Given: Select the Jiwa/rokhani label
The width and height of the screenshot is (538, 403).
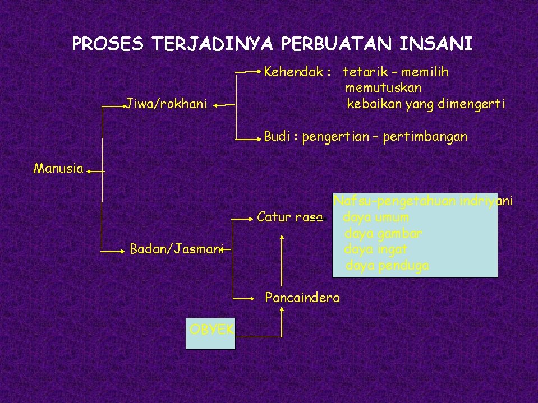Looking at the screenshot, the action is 167,104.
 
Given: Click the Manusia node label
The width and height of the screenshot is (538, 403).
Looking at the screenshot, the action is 58,168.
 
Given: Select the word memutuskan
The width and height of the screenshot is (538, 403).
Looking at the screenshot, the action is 384,88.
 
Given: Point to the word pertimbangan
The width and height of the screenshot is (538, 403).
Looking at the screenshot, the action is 425,137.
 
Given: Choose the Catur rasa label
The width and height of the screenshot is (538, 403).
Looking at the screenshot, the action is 289,216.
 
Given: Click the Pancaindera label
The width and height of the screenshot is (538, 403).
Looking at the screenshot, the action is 302,298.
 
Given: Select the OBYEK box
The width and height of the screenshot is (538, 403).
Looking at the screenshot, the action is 210,334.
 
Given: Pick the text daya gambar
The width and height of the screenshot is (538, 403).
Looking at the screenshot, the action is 384,233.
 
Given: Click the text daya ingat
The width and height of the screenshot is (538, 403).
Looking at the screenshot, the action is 376,249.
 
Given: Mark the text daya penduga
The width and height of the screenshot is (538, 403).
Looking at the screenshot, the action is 387,265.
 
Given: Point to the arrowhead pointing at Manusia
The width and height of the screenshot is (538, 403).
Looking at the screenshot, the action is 90,172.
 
